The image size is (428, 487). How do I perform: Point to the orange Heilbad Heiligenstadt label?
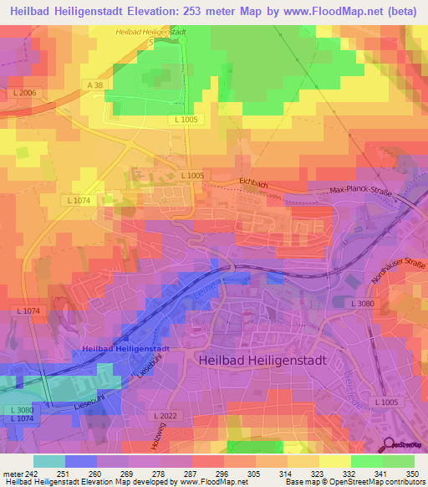point(150,31)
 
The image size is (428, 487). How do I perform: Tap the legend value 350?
point(413,474)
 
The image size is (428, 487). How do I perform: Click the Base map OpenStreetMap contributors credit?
point(354,483)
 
